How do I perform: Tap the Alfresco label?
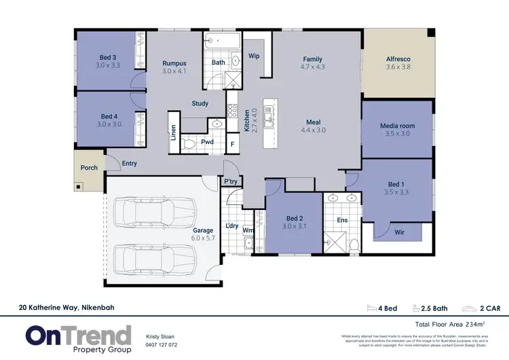point(398,59)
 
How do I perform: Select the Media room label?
point(398,126)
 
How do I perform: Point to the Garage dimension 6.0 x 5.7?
point(203,239)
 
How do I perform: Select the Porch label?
point(89,167)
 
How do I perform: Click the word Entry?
point(129,163)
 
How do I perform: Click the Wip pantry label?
point(254,56)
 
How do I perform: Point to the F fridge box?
point(232,144)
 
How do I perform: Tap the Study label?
point(200,104)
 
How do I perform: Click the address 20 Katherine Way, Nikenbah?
point(67,308)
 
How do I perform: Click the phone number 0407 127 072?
point(162,344)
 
